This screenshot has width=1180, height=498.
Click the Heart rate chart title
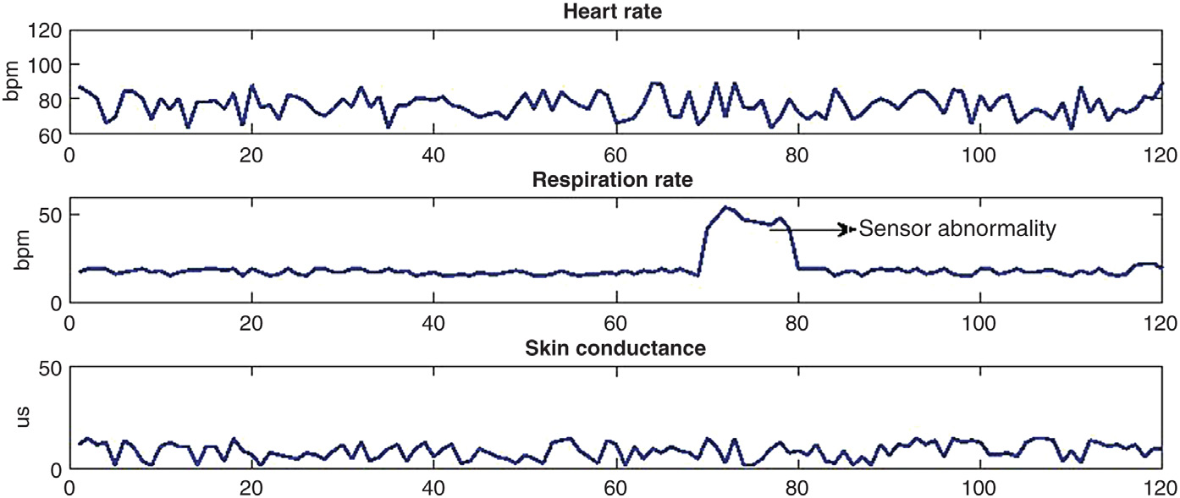(x=615, y=12)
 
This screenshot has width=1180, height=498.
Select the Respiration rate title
(x=615, y=179)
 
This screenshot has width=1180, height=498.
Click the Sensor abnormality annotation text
(x=957, y=229)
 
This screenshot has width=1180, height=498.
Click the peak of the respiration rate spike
(x=725, y=207)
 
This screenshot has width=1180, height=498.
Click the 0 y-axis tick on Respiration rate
(x=56, y=302)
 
